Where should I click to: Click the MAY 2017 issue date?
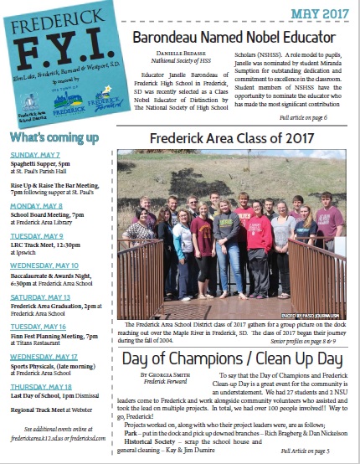click(x=319, y=15)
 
